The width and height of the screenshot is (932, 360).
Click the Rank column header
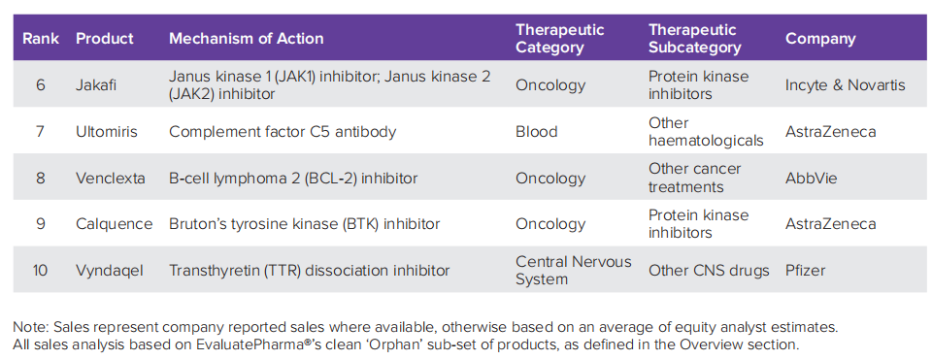pos(41,39)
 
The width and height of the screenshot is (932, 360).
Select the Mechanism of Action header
pos(246,39)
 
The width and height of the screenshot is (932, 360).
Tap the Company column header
pos(820,39)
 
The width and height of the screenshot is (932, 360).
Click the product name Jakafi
pos(96,85)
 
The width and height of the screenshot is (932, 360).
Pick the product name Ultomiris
pos(107,131)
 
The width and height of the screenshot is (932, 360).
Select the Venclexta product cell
pos(111,178)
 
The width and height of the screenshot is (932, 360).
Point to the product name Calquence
pos(115,224)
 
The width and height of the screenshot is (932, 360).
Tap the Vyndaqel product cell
pos(110,271)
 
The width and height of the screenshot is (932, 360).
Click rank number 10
pos(41,271)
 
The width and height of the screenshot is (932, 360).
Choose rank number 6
pos(41,85)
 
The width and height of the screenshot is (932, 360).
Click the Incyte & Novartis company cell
pos(846,85)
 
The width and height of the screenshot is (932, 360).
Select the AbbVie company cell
pos(811,178)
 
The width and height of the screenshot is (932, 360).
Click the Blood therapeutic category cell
pos(536,131)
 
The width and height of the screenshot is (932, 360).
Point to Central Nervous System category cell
pos(574,271)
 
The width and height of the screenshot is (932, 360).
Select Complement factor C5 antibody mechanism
pos(283,131)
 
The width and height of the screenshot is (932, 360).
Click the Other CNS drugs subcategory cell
pos(709,271)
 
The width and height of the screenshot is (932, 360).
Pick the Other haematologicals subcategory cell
pos(706,131)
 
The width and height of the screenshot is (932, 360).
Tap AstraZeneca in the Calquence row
pos(830,224)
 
